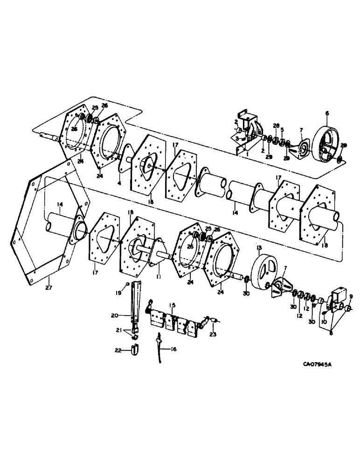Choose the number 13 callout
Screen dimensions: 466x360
click(259, 247)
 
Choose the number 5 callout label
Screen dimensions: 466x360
click(282, 130)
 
